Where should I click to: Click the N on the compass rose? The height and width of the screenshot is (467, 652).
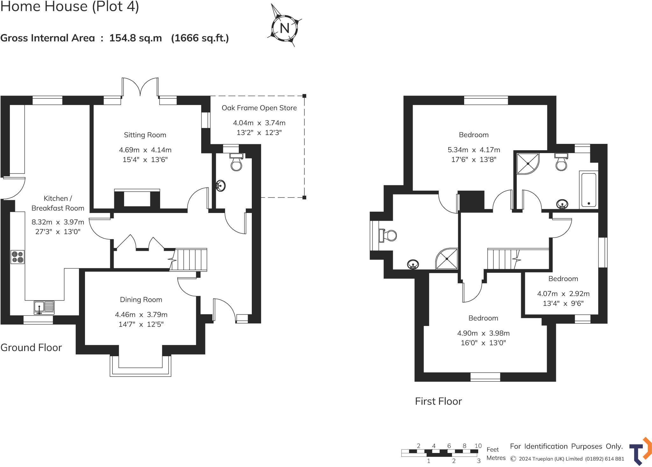(x=284, y=28)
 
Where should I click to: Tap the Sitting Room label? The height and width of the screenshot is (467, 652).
(x=145, y=135)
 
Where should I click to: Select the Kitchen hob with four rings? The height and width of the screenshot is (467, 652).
(x=18, y=257)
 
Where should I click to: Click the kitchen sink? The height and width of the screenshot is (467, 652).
(x=44, y=307)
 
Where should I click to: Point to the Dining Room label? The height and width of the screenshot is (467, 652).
(x=141, y=300)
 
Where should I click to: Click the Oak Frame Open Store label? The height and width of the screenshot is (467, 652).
(x=259, y=108)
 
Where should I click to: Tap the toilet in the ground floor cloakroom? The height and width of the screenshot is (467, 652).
(x=236, y=161)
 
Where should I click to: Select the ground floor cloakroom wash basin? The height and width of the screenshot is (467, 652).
(x=220, y=185)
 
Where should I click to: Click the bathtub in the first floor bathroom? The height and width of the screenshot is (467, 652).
(x=589, y=189)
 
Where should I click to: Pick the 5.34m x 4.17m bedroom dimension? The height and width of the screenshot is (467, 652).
(x=474, y=150)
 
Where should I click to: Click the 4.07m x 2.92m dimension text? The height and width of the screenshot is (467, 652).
(x=563, y=294)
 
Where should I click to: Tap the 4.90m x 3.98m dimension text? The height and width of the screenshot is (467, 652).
(x=483, y=333)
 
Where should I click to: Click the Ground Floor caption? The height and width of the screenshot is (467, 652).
(x=31, y=347)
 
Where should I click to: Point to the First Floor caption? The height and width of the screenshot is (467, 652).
(x=438, y=401)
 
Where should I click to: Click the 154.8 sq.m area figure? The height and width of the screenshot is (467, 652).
(x=136, y=38)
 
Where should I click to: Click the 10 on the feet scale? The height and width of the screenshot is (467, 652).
(x=478, y=446)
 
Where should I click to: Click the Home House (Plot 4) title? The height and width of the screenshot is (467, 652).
(x=70, y=6)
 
